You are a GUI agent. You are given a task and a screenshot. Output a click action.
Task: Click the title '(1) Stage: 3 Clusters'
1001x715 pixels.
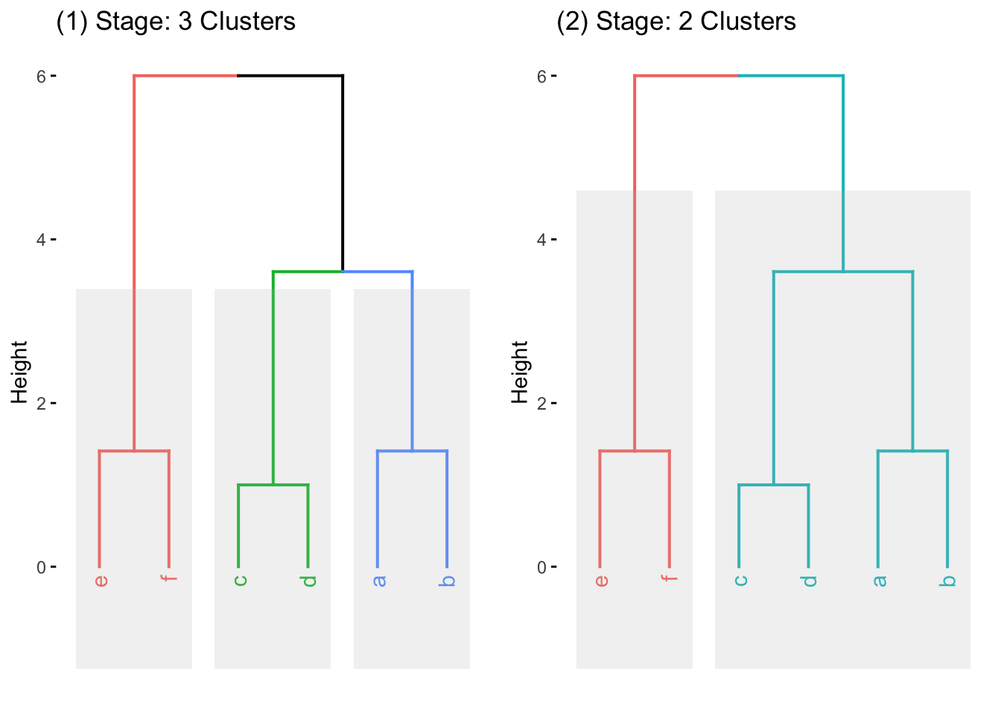point(176,22)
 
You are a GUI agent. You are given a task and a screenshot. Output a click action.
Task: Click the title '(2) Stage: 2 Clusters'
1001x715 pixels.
point(676,22)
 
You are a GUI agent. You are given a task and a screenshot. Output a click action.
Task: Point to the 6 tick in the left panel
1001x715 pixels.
point(42,76)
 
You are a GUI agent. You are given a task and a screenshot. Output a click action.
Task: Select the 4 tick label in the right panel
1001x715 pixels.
point(541,240)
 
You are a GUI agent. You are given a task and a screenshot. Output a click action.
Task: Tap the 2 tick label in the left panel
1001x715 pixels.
point(42,404)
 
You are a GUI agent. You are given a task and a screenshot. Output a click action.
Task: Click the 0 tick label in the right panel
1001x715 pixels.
point(541,568)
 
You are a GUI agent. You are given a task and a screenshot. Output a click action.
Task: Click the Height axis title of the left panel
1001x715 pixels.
point(19,372)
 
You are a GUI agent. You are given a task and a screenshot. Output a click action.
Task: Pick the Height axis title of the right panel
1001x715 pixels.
point(520,372)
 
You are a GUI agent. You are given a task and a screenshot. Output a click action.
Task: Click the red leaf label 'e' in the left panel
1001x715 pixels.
point(101,580)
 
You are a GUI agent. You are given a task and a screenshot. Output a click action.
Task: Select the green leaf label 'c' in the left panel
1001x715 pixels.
point(240,580)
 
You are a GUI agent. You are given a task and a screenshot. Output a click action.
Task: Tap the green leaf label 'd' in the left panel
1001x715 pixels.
point(310,580)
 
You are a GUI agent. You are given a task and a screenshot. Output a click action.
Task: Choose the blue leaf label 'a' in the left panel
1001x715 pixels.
point(379,580)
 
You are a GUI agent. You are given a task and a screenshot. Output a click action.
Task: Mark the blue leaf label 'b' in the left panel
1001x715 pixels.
point(448,580)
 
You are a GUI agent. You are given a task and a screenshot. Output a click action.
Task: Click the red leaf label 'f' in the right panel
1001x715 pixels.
point(670,578)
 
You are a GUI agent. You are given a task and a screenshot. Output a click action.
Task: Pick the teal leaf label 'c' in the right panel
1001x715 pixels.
point(740,580)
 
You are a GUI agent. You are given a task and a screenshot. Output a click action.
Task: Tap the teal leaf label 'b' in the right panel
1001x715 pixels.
point(948,580)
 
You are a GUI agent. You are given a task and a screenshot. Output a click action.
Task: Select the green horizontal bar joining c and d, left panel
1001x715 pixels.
point(273,485)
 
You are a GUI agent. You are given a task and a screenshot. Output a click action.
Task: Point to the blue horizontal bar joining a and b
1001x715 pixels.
point(412,451)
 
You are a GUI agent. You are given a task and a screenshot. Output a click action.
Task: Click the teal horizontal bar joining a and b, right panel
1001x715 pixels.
point(912,451)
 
